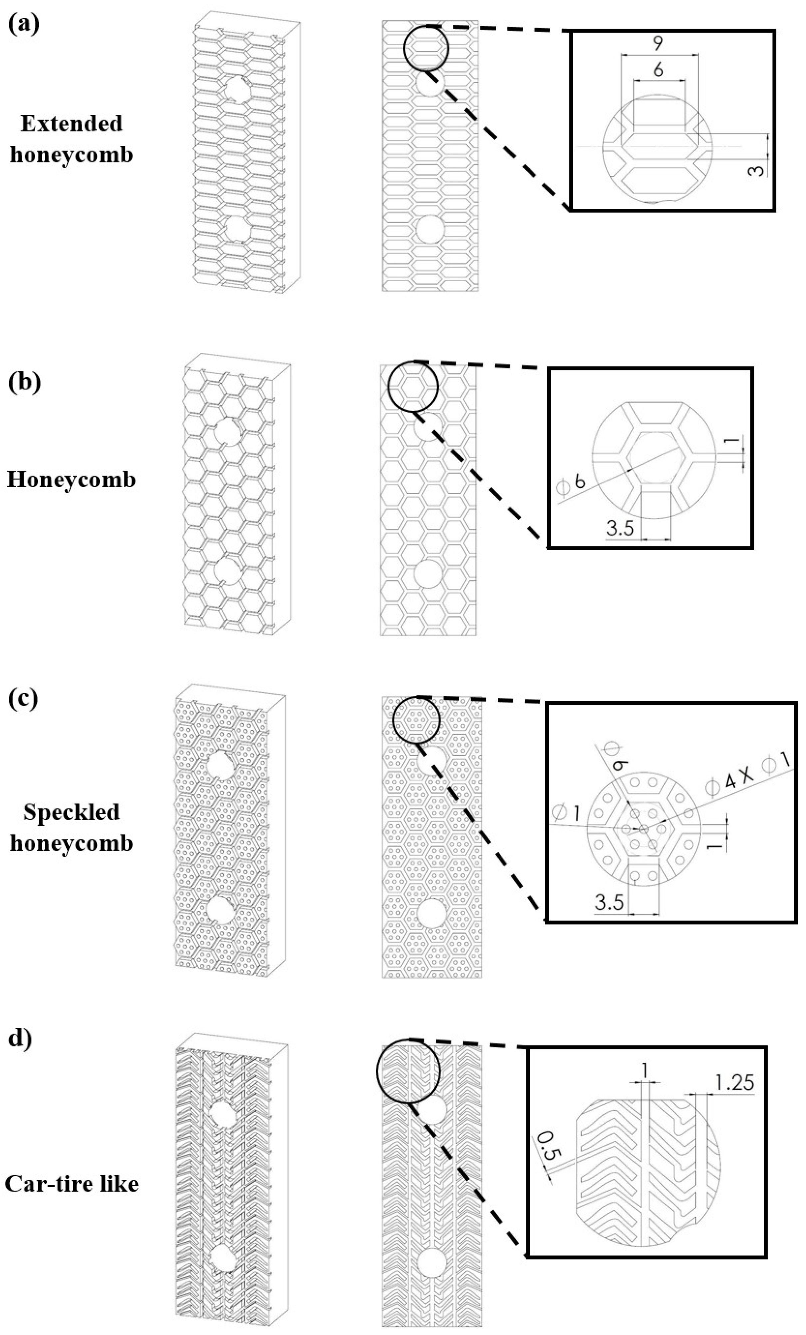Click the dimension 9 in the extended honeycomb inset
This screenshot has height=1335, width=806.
pyautogui.click(x=658, y=43)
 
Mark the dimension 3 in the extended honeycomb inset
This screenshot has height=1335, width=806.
pyautogui.click(x=759, y=170)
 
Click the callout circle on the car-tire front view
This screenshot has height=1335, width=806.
pyautogui.click(x=407, y=1071)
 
